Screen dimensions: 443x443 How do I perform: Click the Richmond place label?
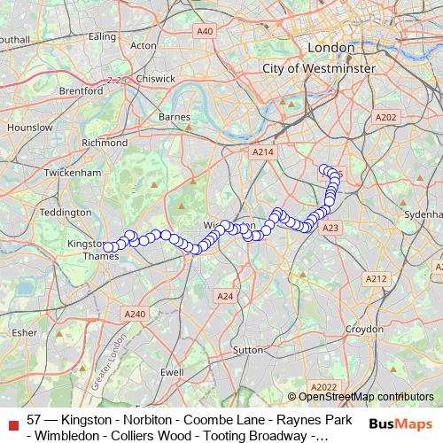click(x=105, y=142)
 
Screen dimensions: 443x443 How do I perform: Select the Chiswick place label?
click(x=156, y=78)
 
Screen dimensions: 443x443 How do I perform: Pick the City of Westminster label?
click(x=323, y=67)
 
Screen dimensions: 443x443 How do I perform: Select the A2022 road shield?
click(x=326, y=386)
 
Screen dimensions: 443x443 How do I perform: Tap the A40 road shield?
click(x=206, y=31)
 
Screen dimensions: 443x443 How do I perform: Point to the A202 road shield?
click(x=386, y=117)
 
